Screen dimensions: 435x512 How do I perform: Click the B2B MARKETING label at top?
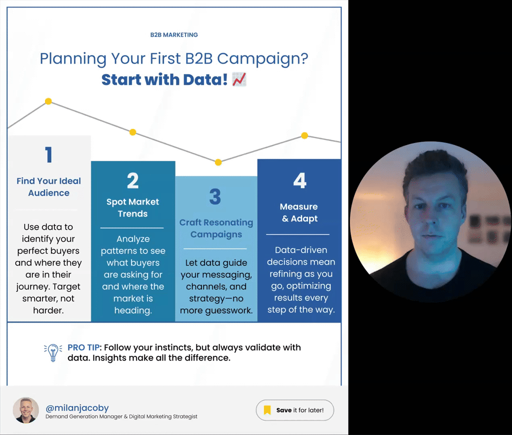pyautogui.click(x=174, y=35)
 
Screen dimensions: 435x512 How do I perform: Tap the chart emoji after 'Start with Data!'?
pyautogui.click(x=239, y=79)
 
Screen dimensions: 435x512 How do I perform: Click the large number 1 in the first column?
pyautogui.click(x=48, y=155)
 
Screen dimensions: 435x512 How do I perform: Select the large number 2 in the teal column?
pyautogui.click(x=132, y=180)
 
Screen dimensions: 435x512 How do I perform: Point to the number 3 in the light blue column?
pyautogui.click(x=215, y=197)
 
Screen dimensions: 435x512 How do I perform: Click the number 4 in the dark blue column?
pyautogui.click(x=299, y=180)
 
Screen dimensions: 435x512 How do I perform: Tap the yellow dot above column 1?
pyautogui.click(x=48, y=101)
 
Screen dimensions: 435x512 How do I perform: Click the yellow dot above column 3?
pyautogui.click(x=218, y=162)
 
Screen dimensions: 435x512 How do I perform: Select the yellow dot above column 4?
pyautogui.click(x=304, y=135)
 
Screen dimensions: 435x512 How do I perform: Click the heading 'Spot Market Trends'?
pyautogui.click(x=132, y=208)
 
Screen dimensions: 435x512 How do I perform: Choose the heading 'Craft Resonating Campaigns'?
pyautogui.click(x=216, y=228)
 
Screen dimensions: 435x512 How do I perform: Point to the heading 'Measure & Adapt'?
pyautogui.click(x=299, y=212)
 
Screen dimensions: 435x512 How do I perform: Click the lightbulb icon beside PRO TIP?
pyautogui.click(x=53, y=352)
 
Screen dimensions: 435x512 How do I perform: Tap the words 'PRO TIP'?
pyautogui.click(x=83, y=347)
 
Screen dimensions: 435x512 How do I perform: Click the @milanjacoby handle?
pyautogui.click(x=77, y=407)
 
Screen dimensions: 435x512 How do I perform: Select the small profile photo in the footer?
pyautogui.click(x=26, y=410)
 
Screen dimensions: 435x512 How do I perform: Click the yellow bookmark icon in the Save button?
pyautogui.click(x=267, y=410)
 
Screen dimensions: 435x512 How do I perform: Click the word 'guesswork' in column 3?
pyautogui.click(x=229, y=310)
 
